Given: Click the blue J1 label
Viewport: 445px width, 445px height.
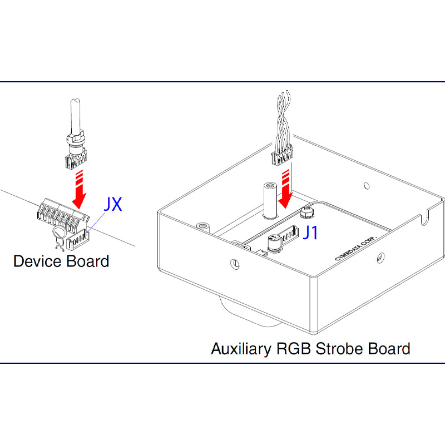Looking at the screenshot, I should (x=311, y=233).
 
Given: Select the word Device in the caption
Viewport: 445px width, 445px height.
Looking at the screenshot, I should (x=37, y=261).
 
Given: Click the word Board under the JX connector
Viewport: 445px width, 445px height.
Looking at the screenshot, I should (x=87, y=261).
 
